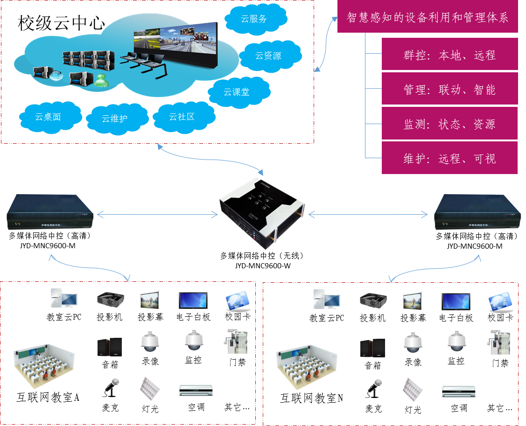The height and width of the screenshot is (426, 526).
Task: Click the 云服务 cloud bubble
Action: point(254,19)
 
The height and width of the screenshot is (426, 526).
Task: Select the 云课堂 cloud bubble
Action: point(237,92)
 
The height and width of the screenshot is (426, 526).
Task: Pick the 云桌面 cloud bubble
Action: point(48,117)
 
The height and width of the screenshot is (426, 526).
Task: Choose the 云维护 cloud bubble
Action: point(115,119)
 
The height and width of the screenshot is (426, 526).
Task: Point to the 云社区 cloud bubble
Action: point(182,117)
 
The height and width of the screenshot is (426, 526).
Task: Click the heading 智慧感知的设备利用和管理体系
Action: point(428,18)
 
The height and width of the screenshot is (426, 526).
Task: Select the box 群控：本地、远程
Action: point(449,55)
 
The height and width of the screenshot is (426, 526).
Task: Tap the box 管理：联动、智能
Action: point(449,90)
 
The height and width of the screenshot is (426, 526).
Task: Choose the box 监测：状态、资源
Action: point(449,124)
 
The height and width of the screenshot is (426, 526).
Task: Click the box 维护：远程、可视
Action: point(449,159)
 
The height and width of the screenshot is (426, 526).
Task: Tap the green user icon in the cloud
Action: point(102,80)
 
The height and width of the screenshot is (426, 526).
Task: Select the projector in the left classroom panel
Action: point(110,299)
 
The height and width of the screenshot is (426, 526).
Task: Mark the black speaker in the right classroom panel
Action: point(372,348)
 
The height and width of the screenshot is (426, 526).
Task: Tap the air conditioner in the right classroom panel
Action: point(459,391)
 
